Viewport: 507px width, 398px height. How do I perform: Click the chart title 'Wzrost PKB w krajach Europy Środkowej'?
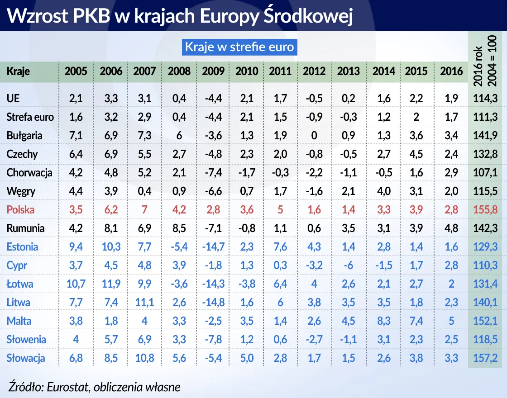[x=180, y=16]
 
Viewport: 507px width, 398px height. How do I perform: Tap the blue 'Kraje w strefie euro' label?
[x=239, y=47]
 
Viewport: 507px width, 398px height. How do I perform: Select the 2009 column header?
[x=213, y=71]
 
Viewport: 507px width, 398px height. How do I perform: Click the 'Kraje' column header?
[x=18, y=71]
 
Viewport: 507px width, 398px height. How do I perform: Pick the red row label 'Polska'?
[x=20, y=210]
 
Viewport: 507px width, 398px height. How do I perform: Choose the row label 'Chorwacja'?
[x=29, y=173]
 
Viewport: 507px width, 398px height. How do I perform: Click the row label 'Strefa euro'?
[x=30, y=117]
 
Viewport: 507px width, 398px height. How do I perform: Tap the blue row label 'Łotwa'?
[x=20, y=284]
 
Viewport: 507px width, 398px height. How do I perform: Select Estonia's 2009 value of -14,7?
[x=213, y=247]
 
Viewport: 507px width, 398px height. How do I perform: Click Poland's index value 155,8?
[x=485, y=210]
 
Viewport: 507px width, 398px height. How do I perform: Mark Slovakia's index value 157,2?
[x=485, y=358]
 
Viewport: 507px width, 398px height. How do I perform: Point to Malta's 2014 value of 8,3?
[x=383, y=321]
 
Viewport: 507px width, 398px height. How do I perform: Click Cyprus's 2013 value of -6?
[x=349, y=265]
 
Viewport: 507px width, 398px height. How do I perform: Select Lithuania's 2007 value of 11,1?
[x=144, y=303]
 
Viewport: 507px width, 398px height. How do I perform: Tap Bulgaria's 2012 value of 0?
[x=314, y=136]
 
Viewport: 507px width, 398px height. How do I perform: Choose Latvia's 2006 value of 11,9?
[x=111, y=284]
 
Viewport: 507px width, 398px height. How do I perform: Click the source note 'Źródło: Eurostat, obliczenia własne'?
[x=94, y=387]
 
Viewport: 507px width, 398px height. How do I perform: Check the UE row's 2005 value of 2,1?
[x=76, y=99]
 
